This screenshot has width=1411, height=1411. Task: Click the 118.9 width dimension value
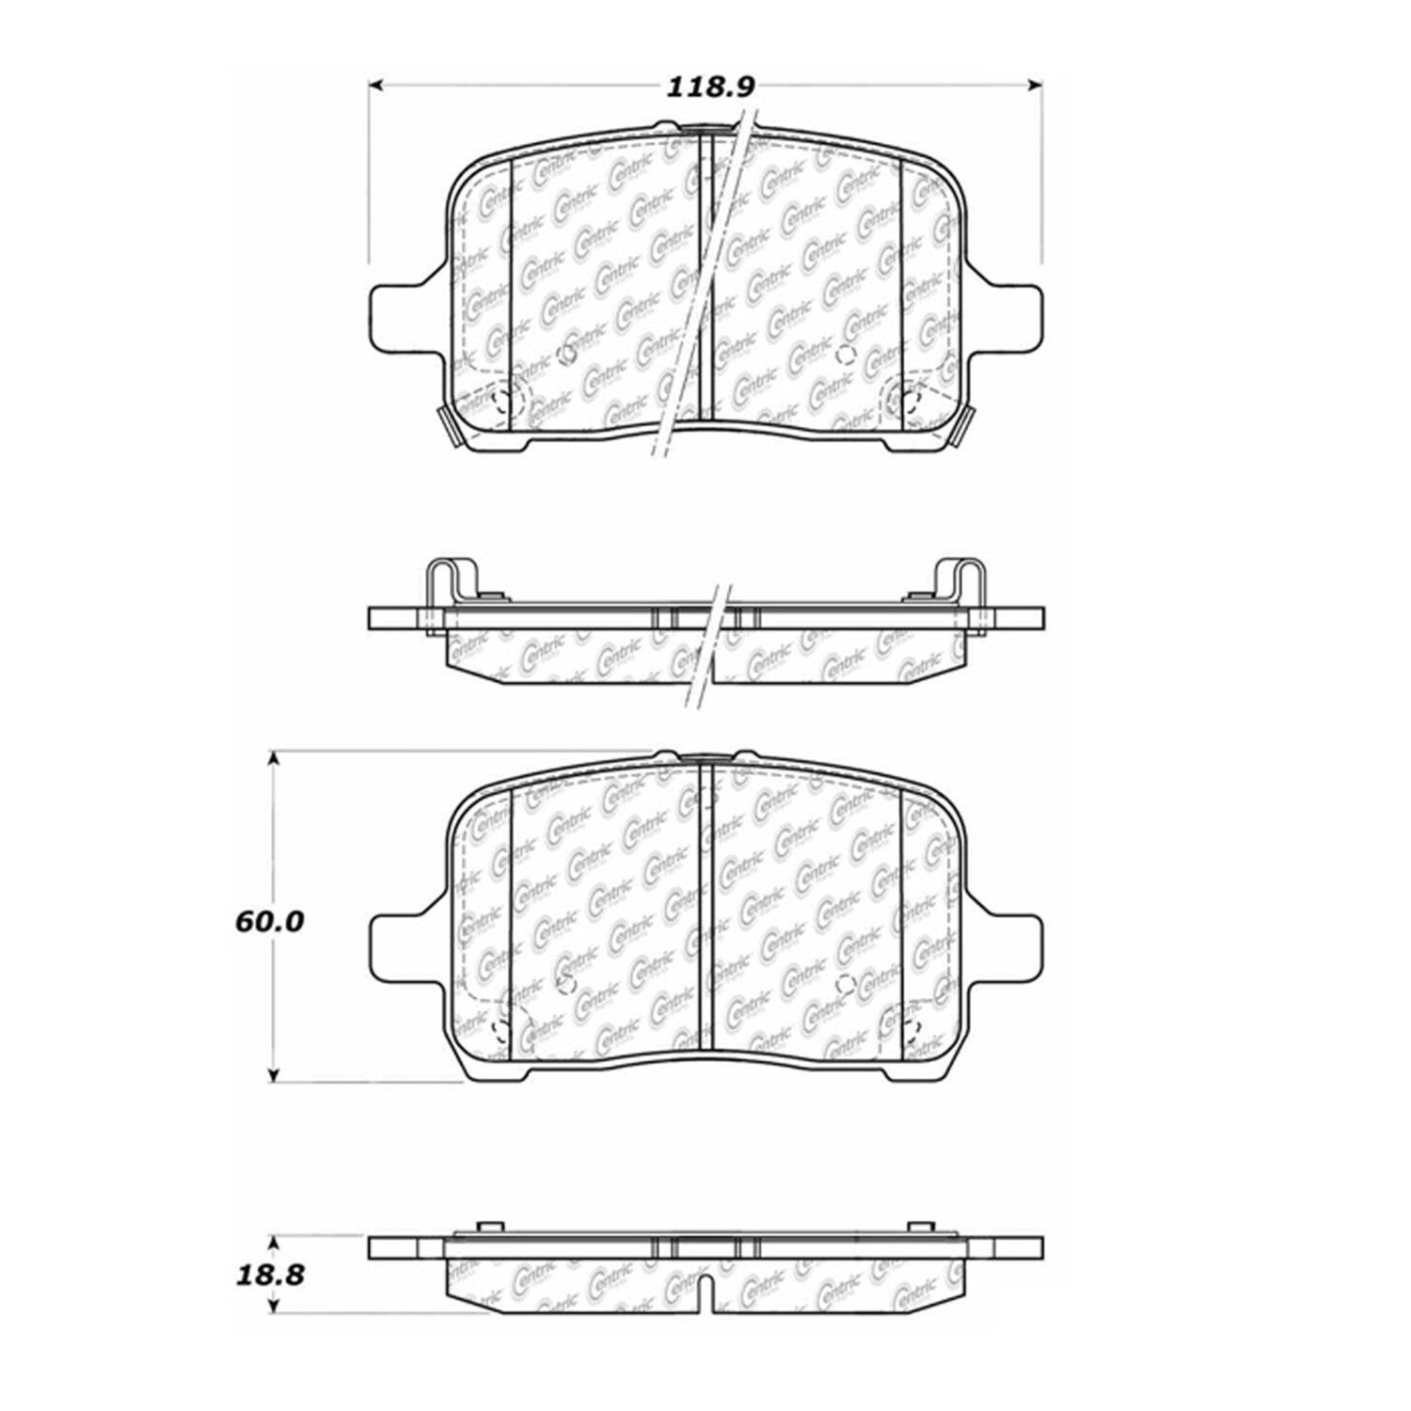[710, 87]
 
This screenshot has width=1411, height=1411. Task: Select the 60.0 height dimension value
[269, 922]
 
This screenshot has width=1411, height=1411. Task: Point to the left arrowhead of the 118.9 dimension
[374, 87]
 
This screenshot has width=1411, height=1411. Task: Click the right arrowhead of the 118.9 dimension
[1035, 87]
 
